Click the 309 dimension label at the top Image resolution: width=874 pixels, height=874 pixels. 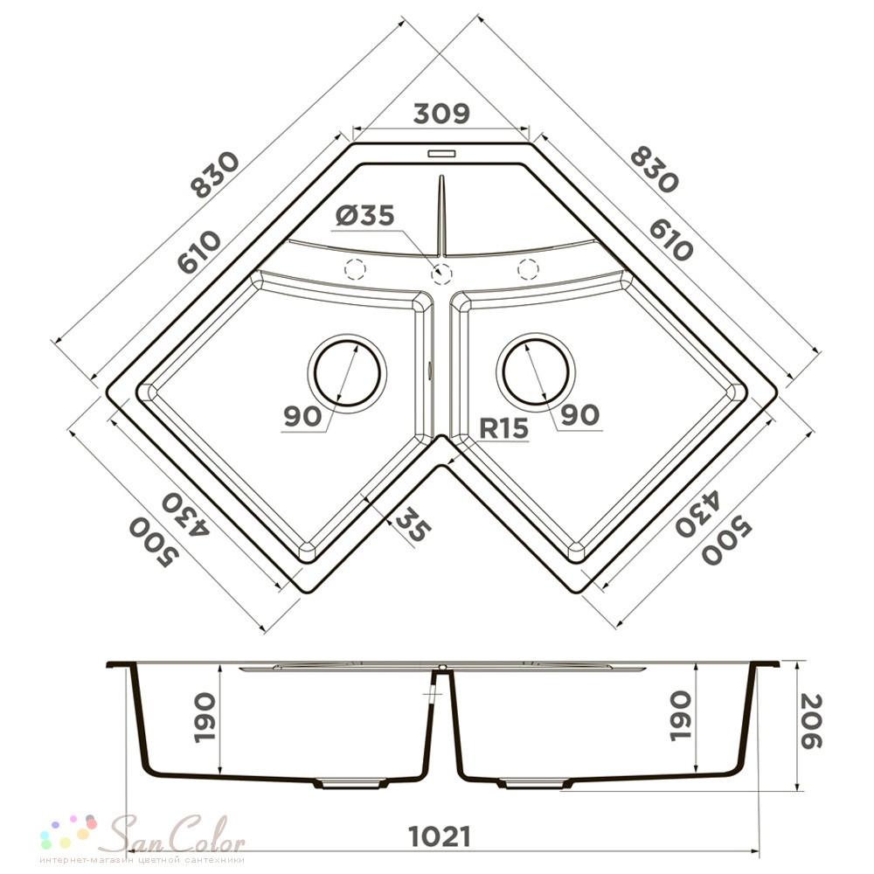pyautogui.click(x=441, y=113)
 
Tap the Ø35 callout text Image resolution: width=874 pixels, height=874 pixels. pyautogui.click(x=365, y=215)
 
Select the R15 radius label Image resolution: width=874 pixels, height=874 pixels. pyautogui.click(x=503, y=428)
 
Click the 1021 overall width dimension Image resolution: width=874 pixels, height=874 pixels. pyautogui.click(x=440, y=836)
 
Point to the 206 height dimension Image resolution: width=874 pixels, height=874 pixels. pyautogui.click(x=810, y=720)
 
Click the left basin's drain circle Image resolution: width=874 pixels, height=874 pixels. pyautogui.click(x=347, y=371)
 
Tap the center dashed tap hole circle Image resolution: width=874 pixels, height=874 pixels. pyautogui.click(x=441, y=273)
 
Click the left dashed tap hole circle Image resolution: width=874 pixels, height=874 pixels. pyautogui.click(x=356, y=268)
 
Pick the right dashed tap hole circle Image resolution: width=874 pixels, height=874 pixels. pyautogui.click(x=528, y=268)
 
